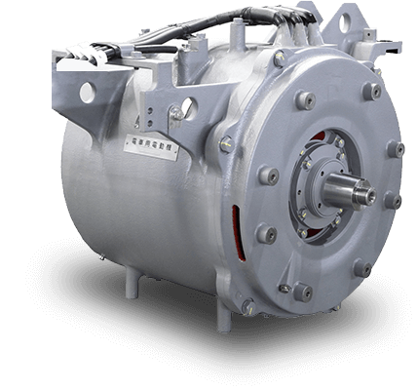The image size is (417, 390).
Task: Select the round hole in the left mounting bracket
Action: (88, 93)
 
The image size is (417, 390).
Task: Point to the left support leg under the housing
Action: (130, 284)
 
